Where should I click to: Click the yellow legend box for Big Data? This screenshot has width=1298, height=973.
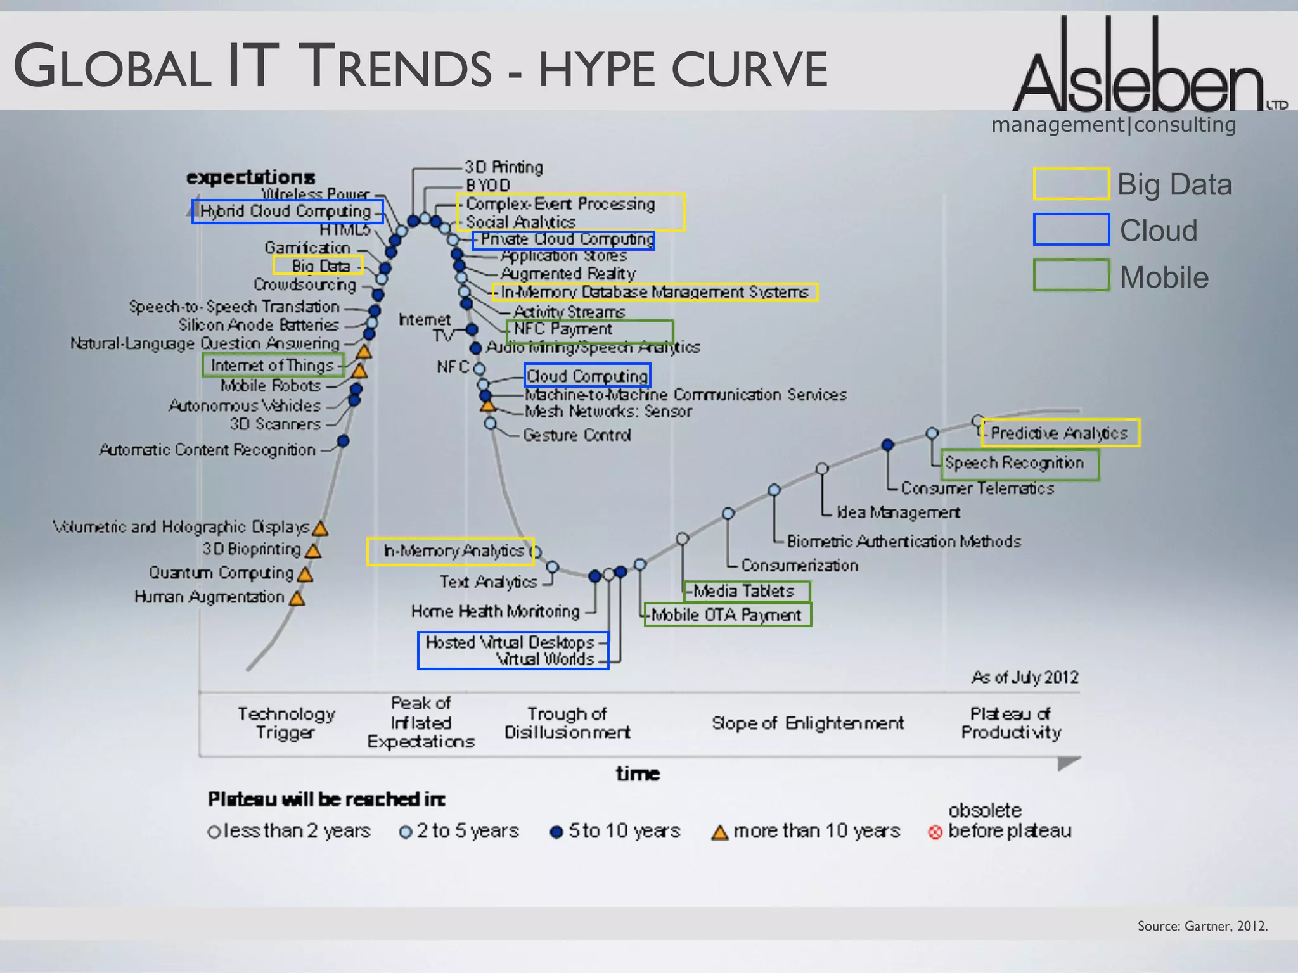coord(1071,184)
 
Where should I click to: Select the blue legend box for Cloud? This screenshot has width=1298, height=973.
coord(1071,229)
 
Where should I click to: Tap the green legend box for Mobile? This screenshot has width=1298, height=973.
coord(1071,276)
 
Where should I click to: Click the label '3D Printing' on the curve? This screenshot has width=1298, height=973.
coord(504,167)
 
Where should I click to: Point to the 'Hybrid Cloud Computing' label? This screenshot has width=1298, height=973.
coord(286,211)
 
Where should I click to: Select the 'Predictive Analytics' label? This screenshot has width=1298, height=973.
coord(1059,433)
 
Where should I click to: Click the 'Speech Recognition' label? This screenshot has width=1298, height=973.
coord(1014,463)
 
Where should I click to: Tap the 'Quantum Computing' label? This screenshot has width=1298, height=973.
coord(221,573)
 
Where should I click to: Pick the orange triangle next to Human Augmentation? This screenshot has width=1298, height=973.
coord(297,598)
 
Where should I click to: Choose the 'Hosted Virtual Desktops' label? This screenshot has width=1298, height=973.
coord(510,642)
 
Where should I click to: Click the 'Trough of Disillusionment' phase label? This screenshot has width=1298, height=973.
coord(567,723)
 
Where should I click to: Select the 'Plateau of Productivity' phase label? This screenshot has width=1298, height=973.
coord(1011,723)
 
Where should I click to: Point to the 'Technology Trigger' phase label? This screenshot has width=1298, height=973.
coord(286,723)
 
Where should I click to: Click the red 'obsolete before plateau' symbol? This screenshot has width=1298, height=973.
coord(935,832)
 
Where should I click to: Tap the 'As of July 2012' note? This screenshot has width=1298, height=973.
coord(1025,677)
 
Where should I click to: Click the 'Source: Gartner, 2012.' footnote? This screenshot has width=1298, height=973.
coord(1202,926)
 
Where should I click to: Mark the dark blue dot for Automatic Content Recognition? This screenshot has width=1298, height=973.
coord(343,441)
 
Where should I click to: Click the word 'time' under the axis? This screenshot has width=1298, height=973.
coord(638,773)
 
